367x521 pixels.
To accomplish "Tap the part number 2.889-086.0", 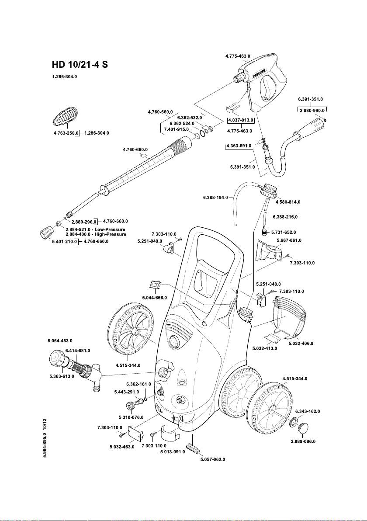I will tap(303, 441).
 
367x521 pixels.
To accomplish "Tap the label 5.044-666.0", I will tap(154, 298).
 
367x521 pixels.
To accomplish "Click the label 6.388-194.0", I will tap(216, 198).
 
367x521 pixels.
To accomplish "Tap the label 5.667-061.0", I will tap(289, 240).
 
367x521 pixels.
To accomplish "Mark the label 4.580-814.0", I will tap(288, 202).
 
